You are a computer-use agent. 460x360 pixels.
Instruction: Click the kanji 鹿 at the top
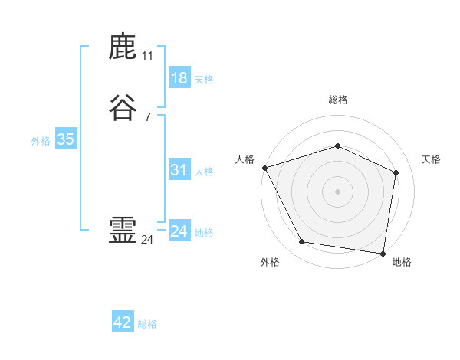coord(123,47)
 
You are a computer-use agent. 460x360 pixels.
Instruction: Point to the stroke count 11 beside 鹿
coord(148,56)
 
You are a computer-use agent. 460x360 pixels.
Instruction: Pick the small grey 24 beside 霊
coord(148,240)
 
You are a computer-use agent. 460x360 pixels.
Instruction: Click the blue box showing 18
coord(179,78)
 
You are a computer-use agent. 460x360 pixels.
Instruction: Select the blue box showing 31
coord(179,170)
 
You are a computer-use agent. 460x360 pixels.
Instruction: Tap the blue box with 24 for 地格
coord(179,231)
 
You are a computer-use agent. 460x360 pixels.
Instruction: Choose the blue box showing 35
coord(65,139)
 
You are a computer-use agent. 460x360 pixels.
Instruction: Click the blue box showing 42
coord(123,322)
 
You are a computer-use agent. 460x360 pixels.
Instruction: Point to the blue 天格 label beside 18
coord(204,80)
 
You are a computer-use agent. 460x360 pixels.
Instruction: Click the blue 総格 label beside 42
coord(147,324)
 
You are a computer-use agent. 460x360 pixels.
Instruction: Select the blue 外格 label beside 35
coord(41,141)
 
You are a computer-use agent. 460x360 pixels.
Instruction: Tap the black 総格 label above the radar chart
coord(337,100)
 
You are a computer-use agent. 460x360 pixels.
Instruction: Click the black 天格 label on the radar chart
coord(431,159)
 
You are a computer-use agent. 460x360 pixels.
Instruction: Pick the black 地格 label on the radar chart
coord(402,262)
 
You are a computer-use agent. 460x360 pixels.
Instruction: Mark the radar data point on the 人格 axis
coord(264,168)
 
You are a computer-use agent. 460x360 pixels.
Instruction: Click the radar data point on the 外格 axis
coord(301,242)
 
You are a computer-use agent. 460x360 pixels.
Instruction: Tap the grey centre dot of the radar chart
coord(337,191)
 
